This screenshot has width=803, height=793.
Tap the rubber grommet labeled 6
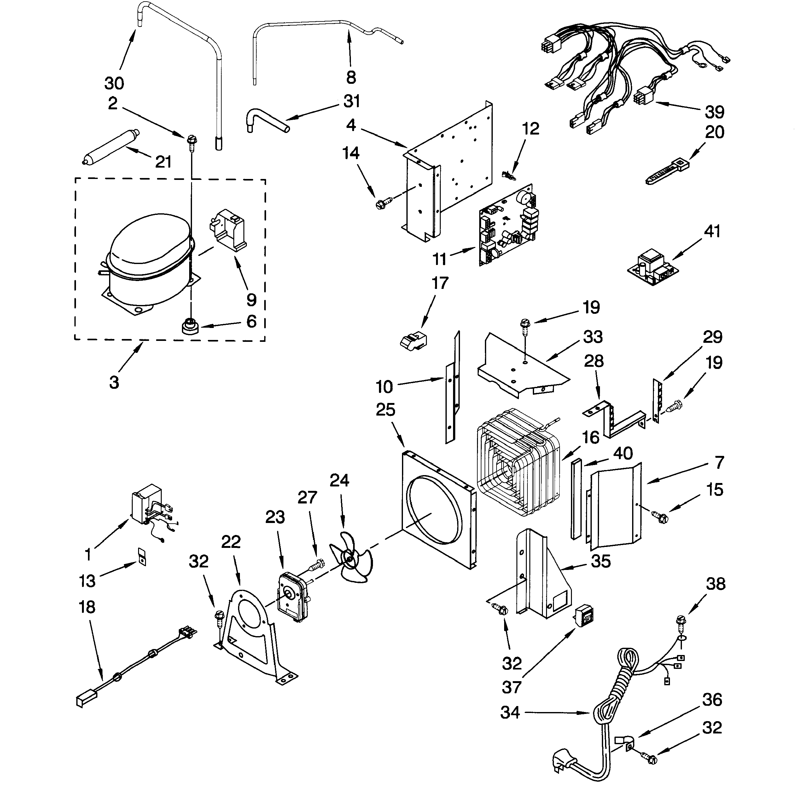(191, 326)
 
